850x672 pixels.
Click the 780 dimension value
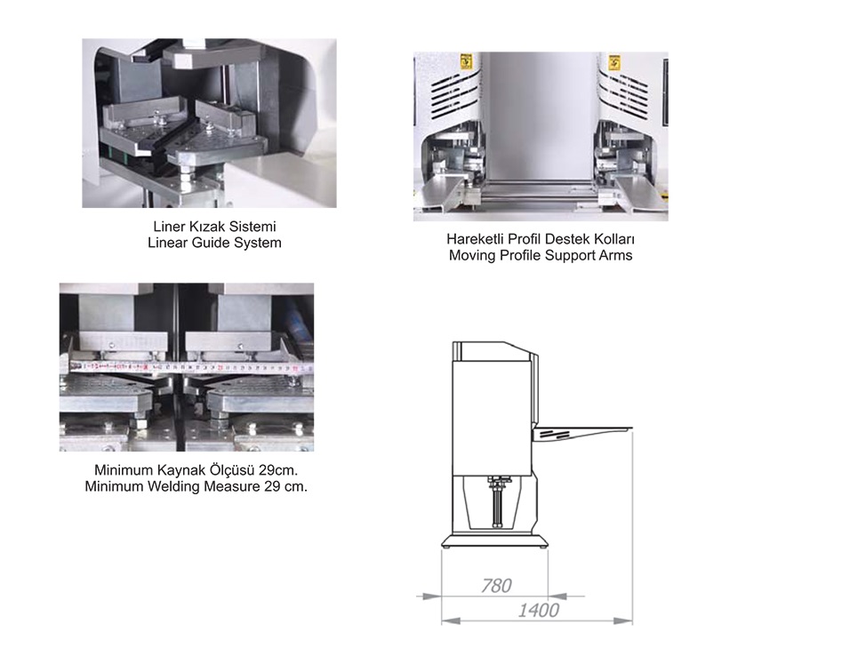(x=496, y=586)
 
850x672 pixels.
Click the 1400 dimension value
(x=538, y=611)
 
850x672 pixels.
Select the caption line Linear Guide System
(x=214, y=243)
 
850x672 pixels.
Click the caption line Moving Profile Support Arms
(x=541, y=255)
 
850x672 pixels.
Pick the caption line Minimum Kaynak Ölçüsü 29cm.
(x=196, y=470)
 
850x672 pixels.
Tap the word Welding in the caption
(x=173, y=486)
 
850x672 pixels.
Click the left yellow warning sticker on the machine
(x=466, y=62)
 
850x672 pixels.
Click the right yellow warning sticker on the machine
(x=614, y=62)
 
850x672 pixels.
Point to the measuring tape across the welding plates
(x=191, y=368)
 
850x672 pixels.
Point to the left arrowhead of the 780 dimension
(x=431, y=596)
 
